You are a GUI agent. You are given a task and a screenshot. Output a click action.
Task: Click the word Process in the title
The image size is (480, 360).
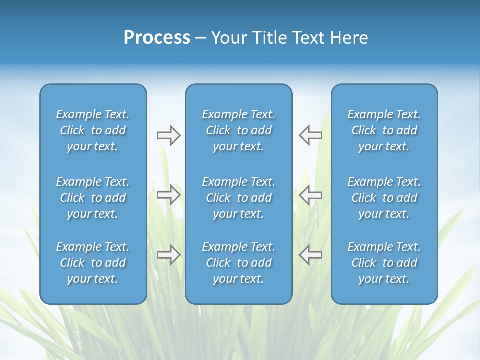(x=157, y=38)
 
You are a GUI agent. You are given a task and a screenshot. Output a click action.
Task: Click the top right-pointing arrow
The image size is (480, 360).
(x=168, y=135)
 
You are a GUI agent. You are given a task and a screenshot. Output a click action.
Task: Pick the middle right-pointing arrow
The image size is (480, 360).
(x=168, y=195)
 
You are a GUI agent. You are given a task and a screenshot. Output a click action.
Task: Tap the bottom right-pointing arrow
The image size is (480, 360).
(x=168, y=255)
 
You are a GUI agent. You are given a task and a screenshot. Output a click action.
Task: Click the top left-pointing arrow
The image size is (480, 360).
(x=311, y=135)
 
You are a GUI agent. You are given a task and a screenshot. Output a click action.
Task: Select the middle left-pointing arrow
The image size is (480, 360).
(x=311, y=195)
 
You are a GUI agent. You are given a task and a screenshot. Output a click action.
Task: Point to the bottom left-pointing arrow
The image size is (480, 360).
(x=311, y=255)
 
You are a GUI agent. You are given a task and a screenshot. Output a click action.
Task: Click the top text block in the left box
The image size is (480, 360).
(x=93, y=130)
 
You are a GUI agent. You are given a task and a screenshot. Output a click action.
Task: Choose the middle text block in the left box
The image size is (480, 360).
(x=93, y=198)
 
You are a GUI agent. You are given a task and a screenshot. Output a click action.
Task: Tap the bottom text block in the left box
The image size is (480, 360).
(x=93, y=263)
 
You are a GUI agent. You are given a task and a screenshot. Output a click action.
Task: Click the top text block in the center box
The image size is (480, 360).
(x=239, y=130)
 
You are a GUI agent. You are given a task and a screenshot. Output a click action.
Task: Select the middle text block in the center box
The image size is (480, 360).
(x=239, y=198)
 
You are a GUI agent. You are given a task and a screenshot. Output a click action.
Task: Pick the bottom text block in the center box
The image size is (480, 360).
(x=239, y=263)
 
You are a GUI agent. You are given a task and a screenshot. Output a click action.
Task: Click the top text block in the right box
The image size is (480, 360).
(x=384, y=130)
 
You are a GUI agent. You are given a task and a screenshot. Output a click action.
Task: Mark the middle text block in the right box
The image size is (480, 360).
(x=384, y=198)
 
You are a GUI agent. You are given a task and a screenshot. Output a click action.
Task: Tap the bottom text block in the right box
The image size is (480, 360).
(x=384, y=263)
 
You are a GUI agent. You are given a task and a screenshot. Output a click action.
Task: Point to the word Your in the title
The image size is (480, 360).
(x=228, y=38)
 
